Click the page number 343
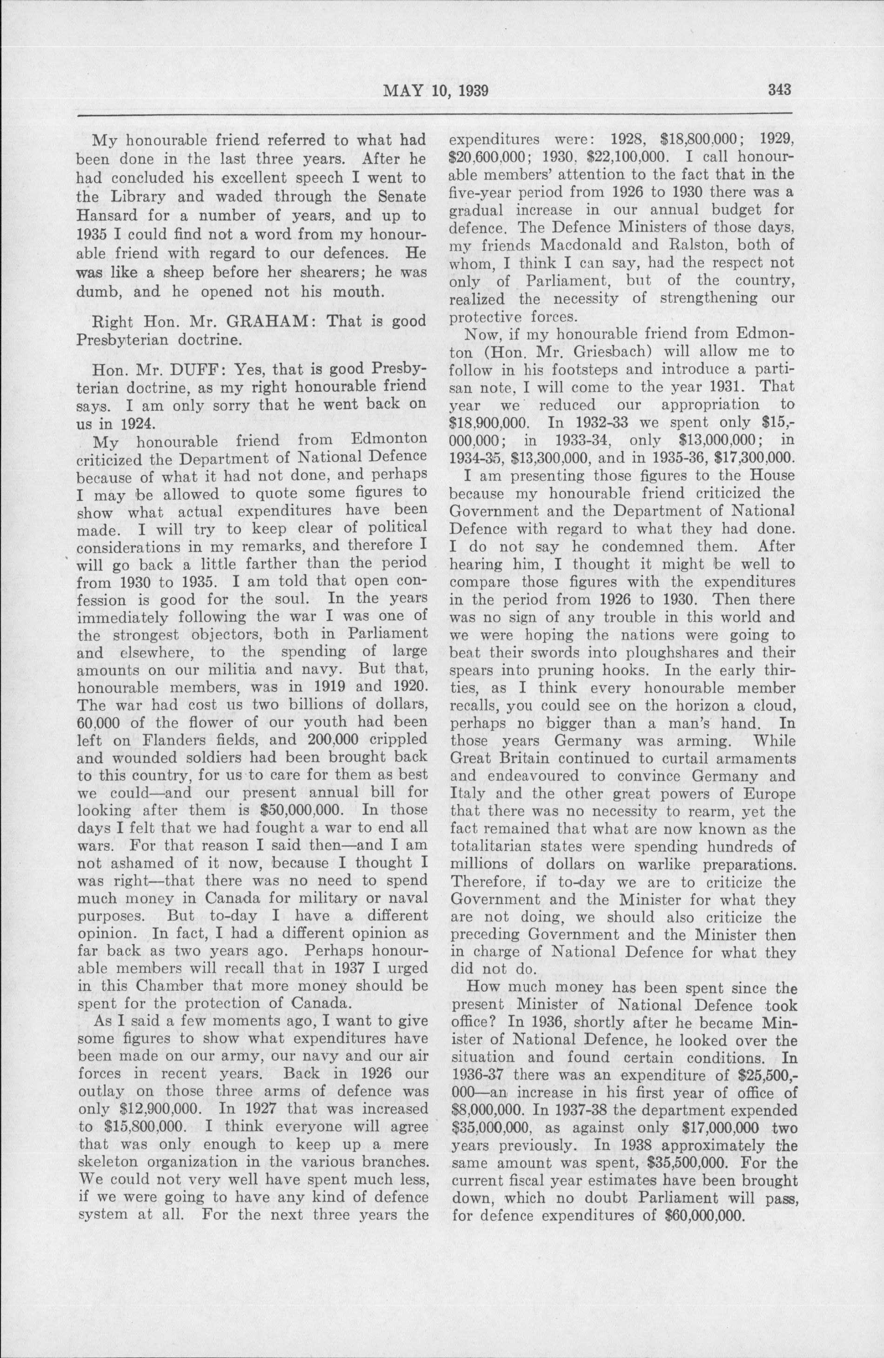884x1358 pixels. (x=774, y=91)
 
